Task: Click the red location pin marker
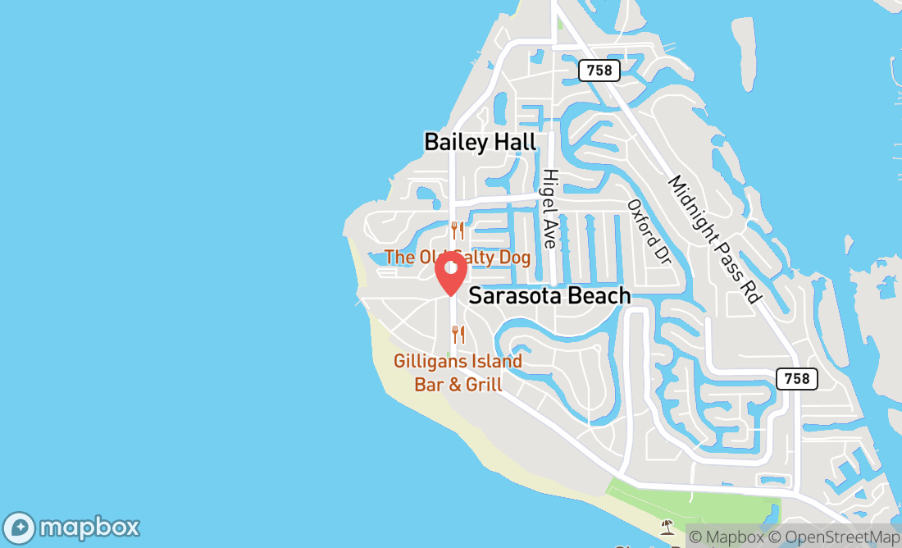pos(450,273)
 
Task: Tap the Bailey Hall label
pos(480,142)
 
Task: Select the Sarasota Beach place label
pos(549,296)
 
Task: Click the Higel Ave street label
pos(549,208)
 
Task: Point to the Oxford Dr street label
pos(649,231)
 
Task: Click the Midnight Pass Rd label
pos(713,240)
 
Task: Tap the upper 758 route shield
pos(599,71)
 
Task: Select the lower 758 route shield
pos(796,378)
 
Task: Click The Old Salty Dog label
pos(457,258)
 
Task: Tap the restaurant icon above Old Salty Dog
pos(458,231)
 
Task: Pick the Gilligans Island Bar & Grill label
pos(458,372)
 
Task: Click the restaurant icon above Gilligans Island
pos(458,334)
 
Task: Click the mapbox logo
pos(71,527)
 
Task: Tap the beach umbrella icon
pos(667,526)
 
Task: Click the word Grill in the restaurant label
pos(484,385)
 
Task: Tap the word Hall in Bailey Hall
pos(512,142)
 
